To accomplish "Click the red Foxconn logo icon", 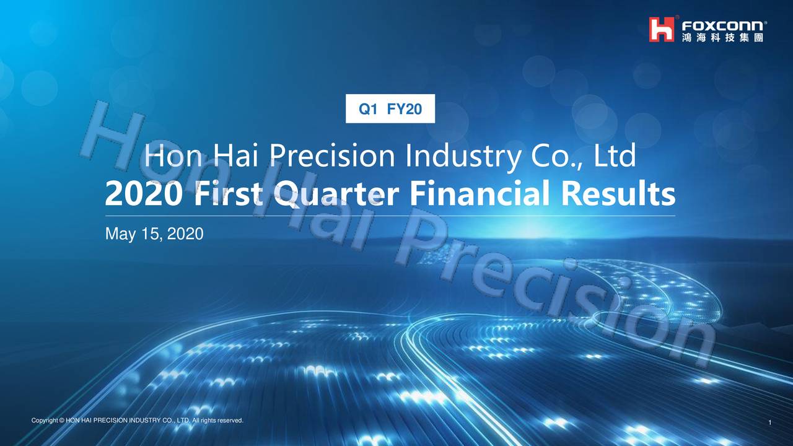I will tap(661, 29).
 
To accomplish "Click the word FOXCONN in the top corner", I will tap(724, 25).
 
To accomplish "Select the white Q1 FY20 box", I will tap(390, 109).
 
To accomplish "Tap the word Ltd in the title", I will tap(615, 157).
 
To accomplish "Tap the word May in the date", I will tap(118, 234).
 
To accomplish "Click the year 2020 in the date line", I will tap(185, 234).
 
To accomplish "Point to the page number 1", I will tap(769, 423).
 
